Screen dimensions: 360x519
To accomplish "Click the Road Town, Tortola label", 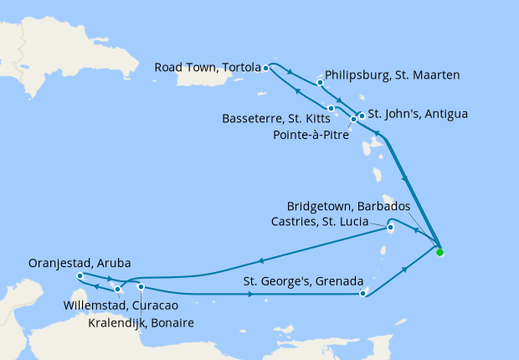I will [x=206, y=68].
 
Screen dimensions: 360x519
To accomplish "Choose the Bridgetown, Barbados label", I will [x=348, y=206].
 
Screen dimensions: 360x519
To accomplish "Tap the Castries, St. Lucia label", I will [x=326, y=222].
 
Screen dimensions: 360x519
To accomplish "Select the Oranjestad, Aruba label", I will [x=80, y=262].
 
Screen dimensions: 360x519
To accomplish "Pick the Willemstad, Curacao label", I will [x=116, y=306].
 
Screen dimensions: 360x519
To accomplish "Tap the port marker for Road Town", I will [x=265, y=68].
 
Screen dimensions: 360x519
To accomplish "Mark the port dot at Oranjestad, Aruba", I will [x=79, y=276].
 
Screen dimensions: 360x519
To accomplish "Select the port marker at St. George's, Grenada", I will [x=362, y=293].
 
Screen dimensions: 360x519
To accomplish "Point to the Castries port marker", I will [x=390, y=226].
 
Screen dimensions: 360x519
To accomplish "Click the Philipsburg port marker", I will [x=321, y=83].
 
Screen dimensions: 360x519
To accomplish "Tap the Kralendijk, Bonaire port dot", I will [x=141, y=287].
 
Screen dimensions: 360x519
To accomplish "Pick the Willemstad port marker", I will [x=118, y=290].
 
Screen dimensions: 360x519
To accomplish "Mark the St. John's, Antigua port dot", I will [x=362, y=116].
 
